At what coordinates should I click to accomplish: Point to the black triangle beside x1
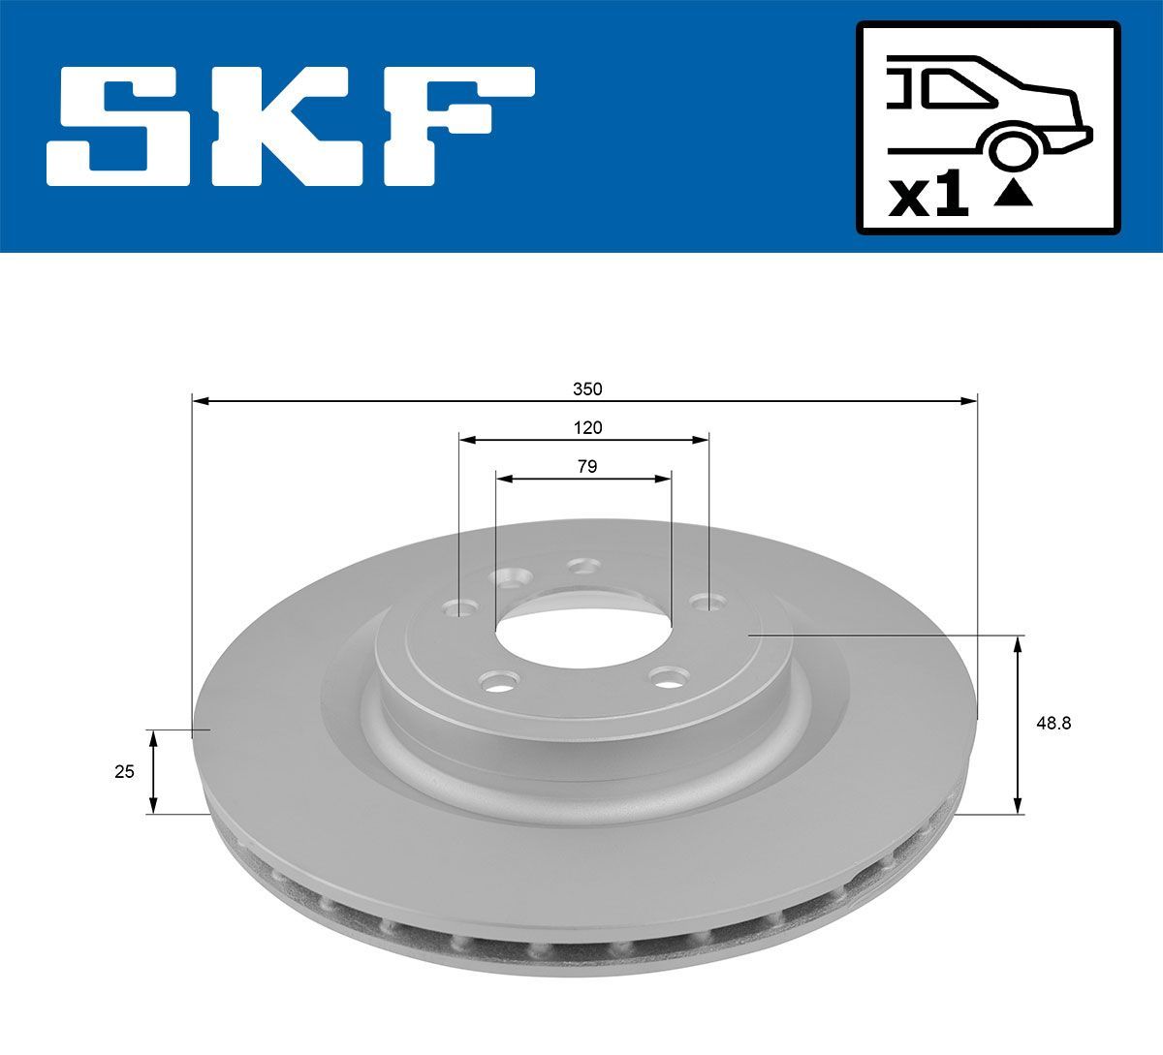(x=1014, y=195)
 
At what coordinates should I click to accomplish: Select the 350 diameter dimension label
(x=587, y=389)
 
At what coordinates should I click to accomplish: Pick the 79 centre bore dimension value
(x=586, y=466)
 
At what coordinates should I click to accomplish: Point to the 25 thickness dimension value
(x=124, y=771)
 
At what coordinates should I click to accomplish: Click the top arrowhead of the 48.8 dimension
(x=1018, y=643)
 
